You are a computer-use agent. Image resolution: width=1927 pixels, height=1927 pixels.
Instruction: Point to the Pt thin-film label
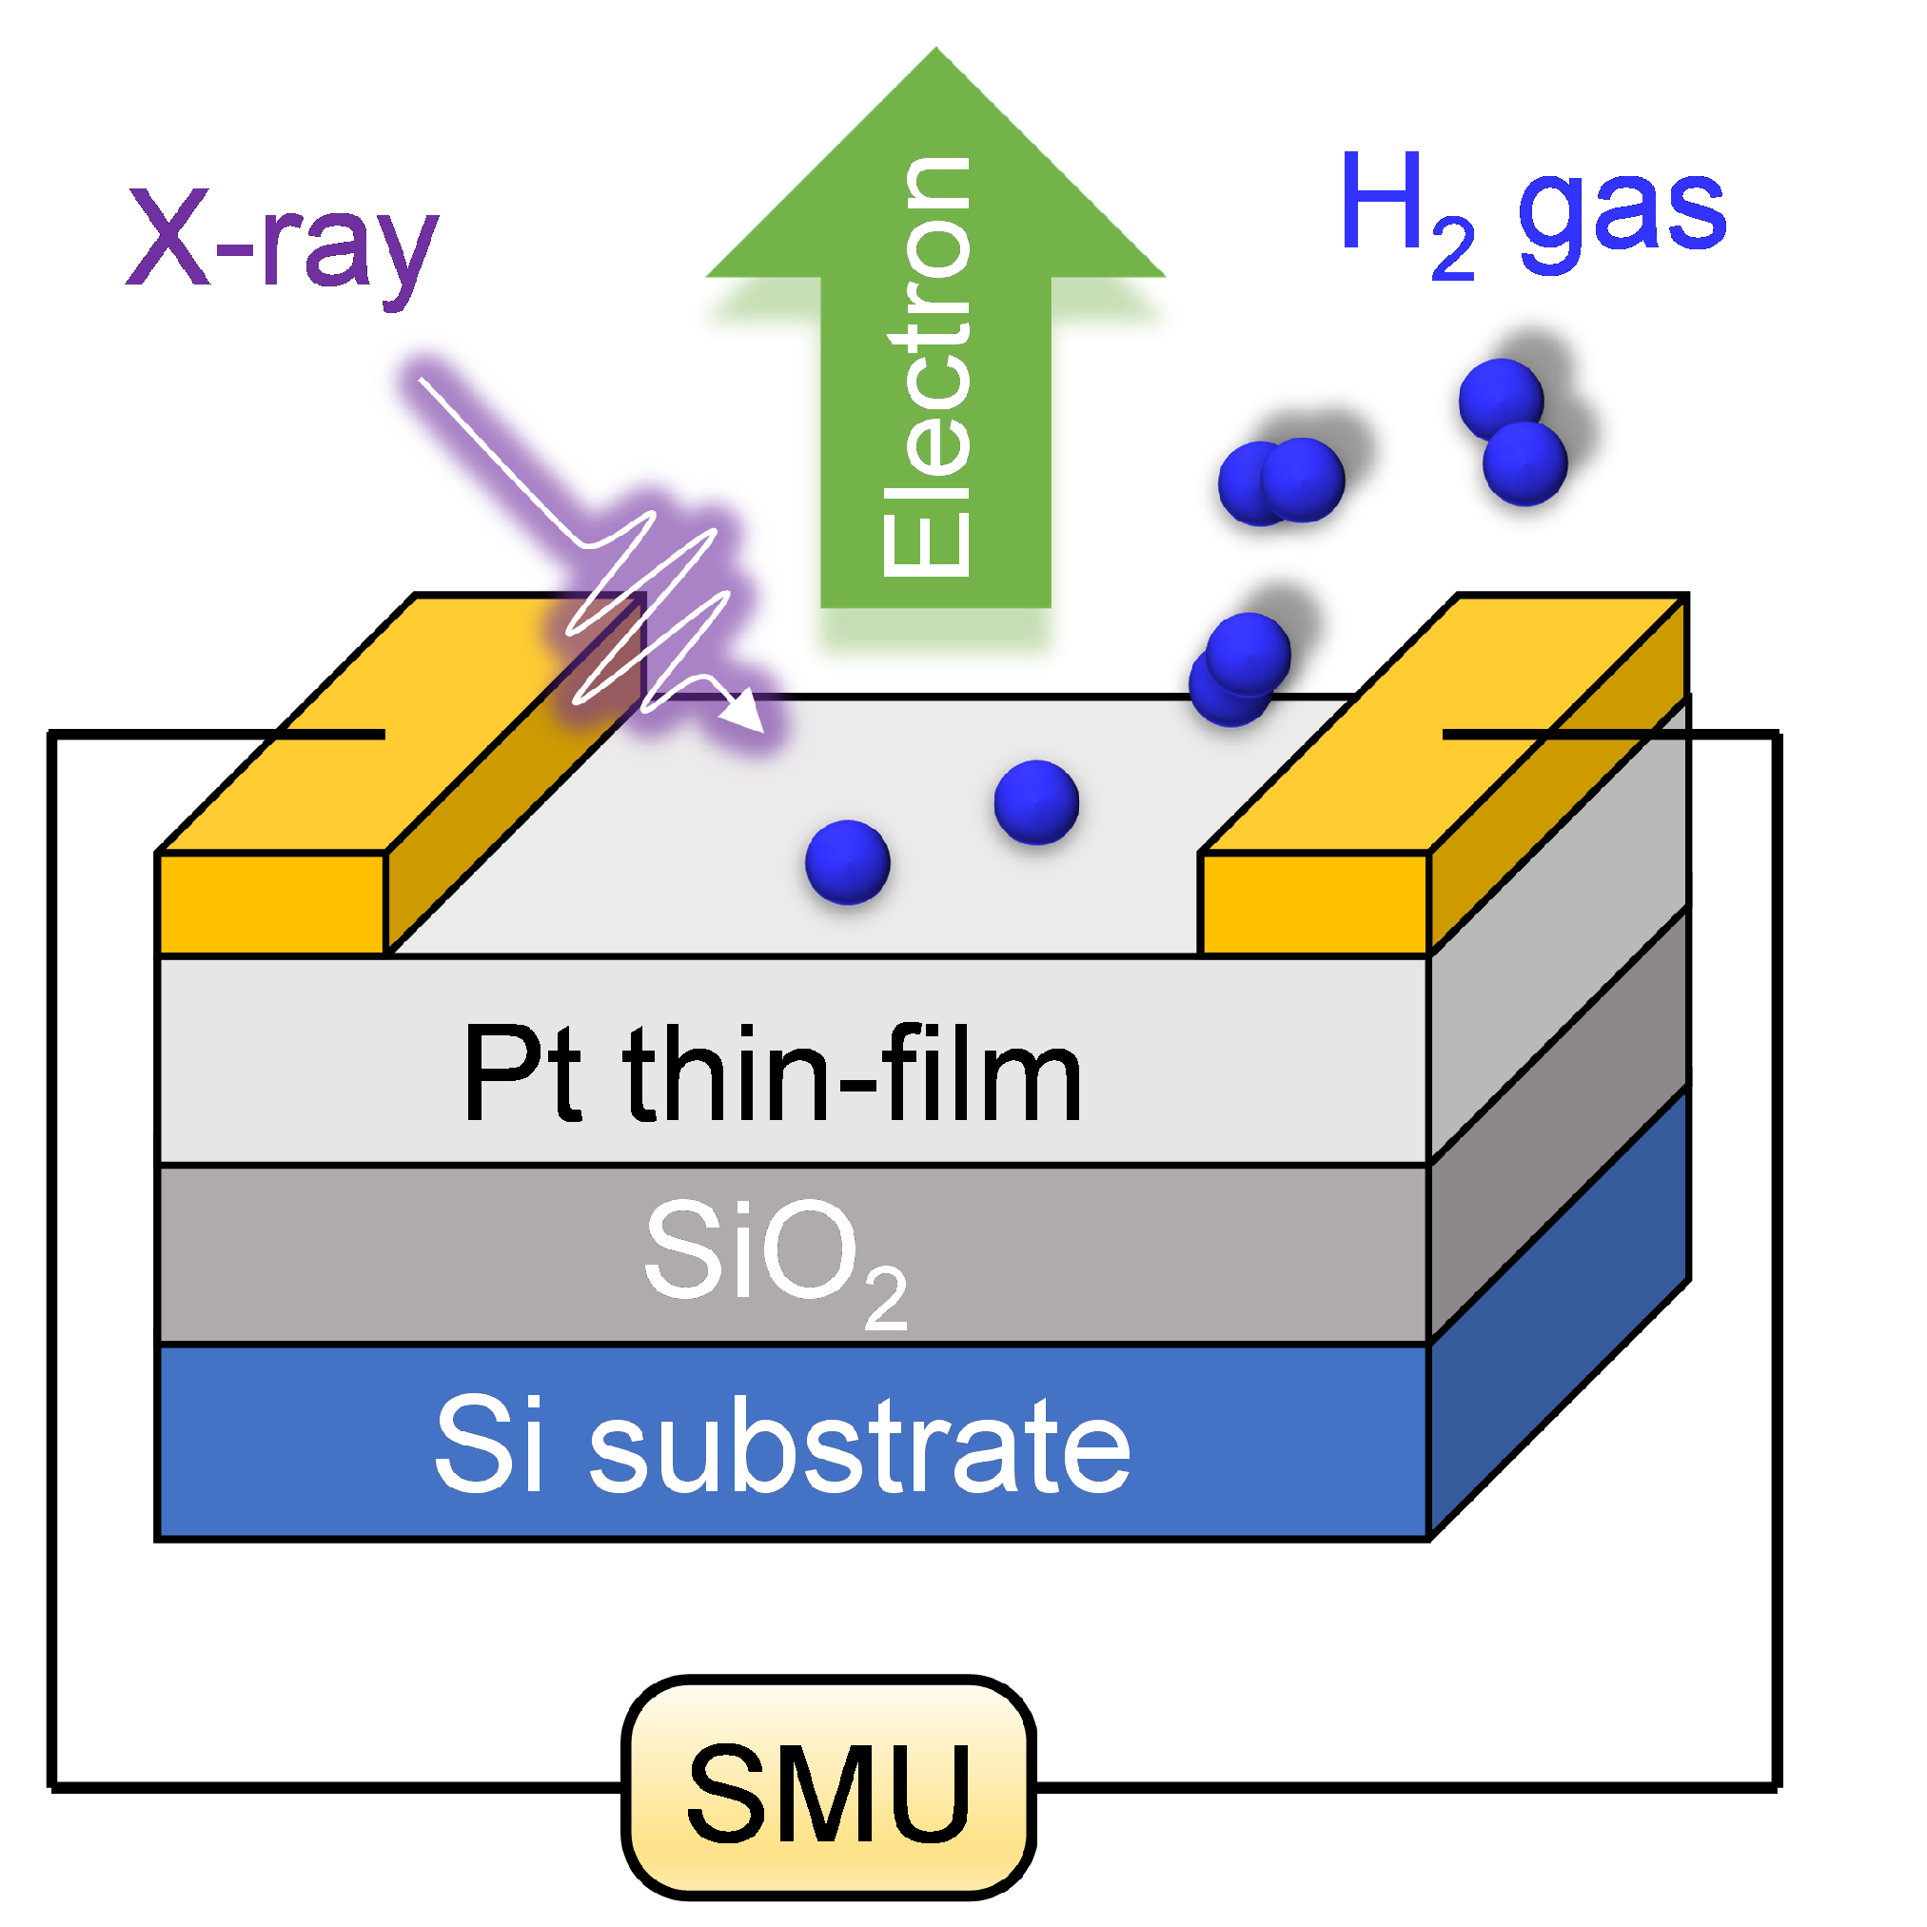772,1074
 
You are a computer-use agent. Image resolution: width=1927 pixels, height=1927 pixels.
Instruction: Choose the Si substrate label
783,1445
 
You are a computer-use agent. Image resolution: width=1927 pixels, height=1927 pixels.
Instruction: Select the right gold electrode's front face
1314,903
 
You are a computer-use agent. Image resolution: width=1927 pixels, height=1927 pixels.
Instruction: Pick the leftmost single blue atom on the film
847,862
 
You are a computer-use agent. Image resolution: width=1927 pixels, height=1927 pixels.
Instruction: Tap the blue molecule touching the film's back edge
1240,668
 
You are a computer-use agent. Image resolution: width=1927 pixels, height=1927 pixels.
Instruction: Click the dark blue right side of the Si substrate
1559,1317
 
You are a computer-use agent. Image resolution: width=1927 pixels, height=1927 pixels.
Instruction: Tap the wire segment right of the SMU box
1396,1785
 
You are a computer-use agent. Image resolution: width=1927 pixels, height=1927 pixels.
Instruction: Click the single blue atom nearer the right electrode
1036,802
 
